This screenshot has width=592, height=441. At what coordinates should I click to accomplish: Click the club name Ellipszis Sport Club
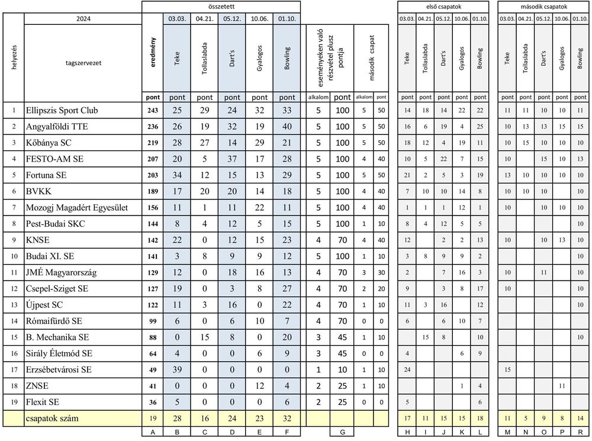(x=62, y=110)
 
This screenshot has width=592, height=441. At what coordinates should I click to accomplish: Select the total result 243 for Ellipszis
(x=153, y=110)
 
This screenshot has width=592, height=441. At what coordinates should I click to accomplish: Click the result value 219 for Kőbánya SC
(x=153, y=143)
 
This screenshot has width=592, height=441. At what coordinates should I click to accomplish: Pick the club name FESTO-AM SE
(x=54, y=159)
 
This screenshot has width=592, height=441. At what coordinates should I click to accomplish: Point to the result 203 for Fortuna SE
(x=153, y=175)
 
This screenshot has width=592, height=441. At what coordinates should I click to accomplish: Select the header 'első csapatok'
(x=443, y=6)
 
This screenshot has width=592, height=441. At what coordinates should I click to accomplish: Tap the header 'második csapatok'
(x=543, y=6)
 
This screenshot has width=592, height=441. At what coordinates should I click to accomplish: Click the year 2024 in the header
(x=83, y=19)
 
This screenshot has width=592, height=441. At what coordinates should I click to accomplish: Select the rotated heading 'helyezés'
(x=14, y=57)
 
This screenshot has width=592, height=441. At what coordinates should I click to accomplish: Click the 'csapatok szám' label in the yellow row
(x=52, y=419)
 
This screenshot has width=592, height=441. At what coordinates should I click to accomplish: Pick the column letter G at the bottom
(x=342, y=433)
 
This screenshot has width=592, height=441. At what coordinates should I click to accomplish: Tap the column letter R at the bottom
(x=580, y=433)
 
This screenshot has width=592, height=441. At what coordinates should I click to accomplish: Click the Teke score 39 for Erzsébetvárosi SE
(x=177, y=369)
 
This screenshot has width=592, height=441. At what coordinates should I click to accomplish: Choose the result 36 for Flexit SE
(x=153, y=402)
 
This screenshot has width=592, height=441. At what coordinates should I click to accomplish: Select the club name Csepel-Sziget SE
(x=56, y=288)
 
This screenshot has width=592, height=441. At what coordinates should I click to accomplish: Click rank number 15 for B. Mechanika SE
(x=14, y=337)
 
